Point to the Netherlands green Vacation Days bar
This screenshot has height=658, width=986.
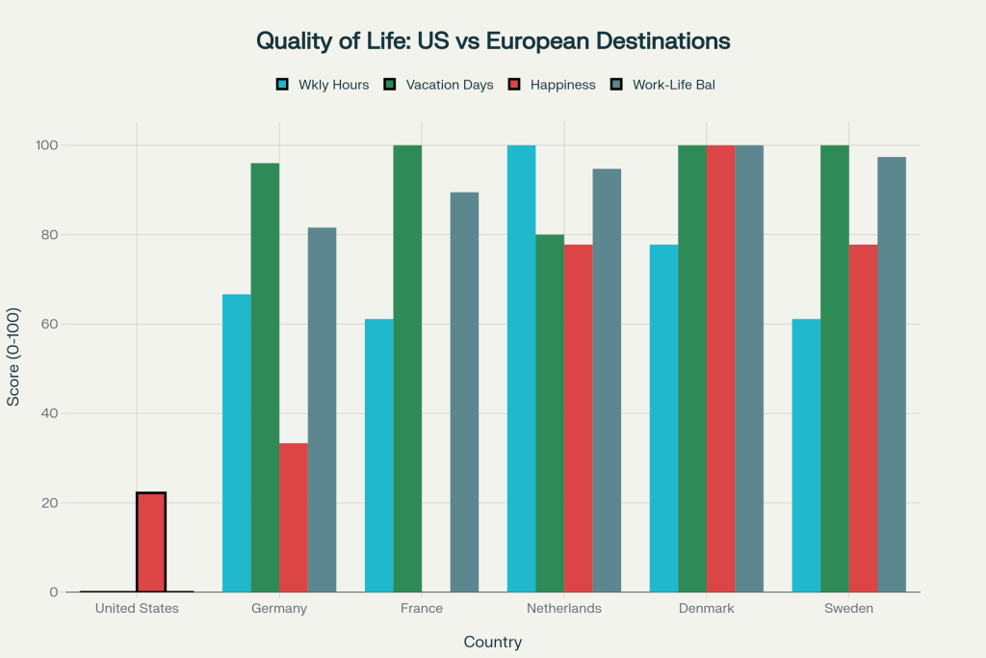point(550,413)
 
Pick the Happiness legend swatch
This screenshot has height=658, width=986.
point(514,85)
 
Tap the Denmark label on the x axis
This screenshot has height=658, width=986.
point(707,609)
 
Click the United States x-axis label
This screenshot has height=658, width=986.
point(137,609)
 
